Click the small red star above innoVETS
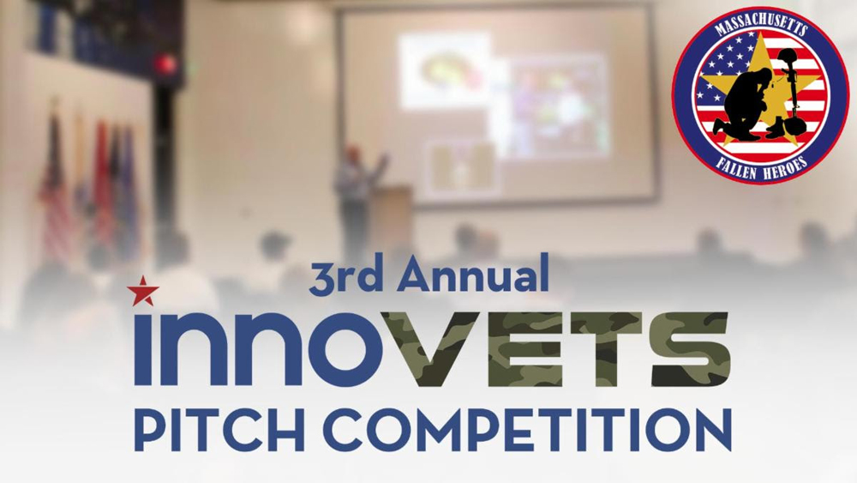[x=143, y=291]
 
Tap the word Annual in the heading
[x=473, y=275]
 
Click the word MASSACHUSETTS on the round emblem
[x=760, y=27]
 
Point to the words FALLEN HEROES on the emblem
[x=760, y=166]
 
